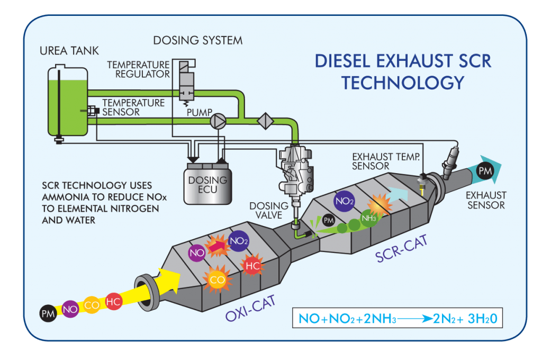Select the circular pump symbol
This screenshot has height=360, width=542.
click(x=218, y=121)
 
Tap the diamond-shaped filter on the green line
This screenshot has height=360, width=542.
click(x=265, y=121)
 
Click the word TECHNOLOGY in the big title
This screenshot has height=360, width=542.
click(x=403, y=83)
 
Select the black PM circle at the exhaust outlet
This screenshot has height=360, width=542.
click(x=483, y=171)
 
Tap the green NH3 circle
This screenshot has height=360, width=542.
click(x=368, y=217)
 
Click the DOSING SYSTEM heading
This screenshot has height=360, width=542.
click(x=197, y=41)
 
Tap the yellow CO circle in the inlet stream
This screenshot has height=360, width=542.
click(x=92, y=305)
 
